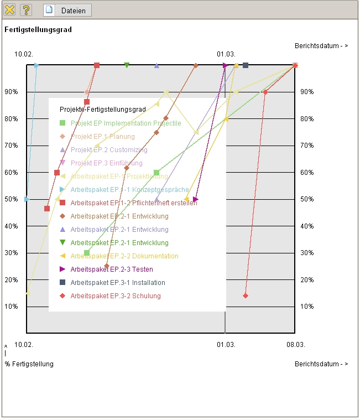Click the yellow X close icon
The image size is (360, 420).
(10, 10)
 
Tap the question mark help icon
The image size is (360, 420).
(26, 10)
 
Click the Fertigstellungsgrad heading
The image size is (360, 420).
(38, 29)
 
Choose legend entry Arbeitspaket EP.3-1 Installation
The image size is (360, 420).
(117, 283)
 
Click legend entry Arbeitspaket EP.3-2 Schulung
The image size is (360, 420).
(115, 296)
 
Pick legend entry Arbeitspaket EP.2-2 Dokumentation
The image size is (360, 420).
(124, 256)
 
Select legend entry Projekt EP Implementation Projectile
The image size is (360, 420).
(126, 123)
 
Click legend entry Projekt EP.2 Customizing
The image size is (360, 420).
(108, 150)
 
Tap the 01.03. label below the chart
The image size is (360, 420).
(226, 344)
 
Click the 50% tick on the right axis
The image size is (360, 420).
(307, 199)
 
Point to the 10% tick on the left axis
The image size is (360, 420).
(13, 307)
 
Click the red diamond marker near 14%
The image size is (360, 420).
(246, 295)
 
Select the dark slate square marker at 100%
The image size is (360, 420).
(246, 65)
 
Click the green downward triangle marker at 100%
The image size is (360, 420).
(127, 65)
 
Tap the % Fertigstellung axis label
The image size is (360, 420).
(29, 364)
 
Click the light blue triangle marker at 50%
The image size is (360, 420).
(27, 199)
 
